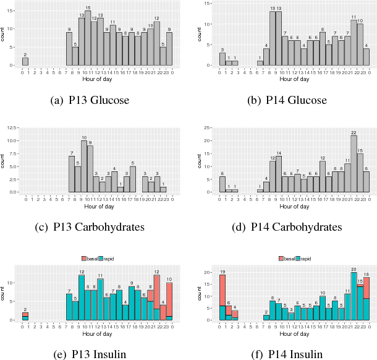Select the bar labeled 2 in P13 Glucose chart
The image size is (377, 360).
[25, 61]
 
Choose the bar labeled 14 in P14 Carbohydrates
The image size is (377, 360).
[279, 174]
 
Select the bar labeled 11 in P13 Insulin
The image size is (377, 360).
[100, 300]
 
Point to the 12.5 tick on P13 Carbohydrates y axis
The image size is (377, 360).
[13, 128]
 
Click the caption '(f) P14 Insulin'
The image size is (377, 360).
[287, 354]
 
